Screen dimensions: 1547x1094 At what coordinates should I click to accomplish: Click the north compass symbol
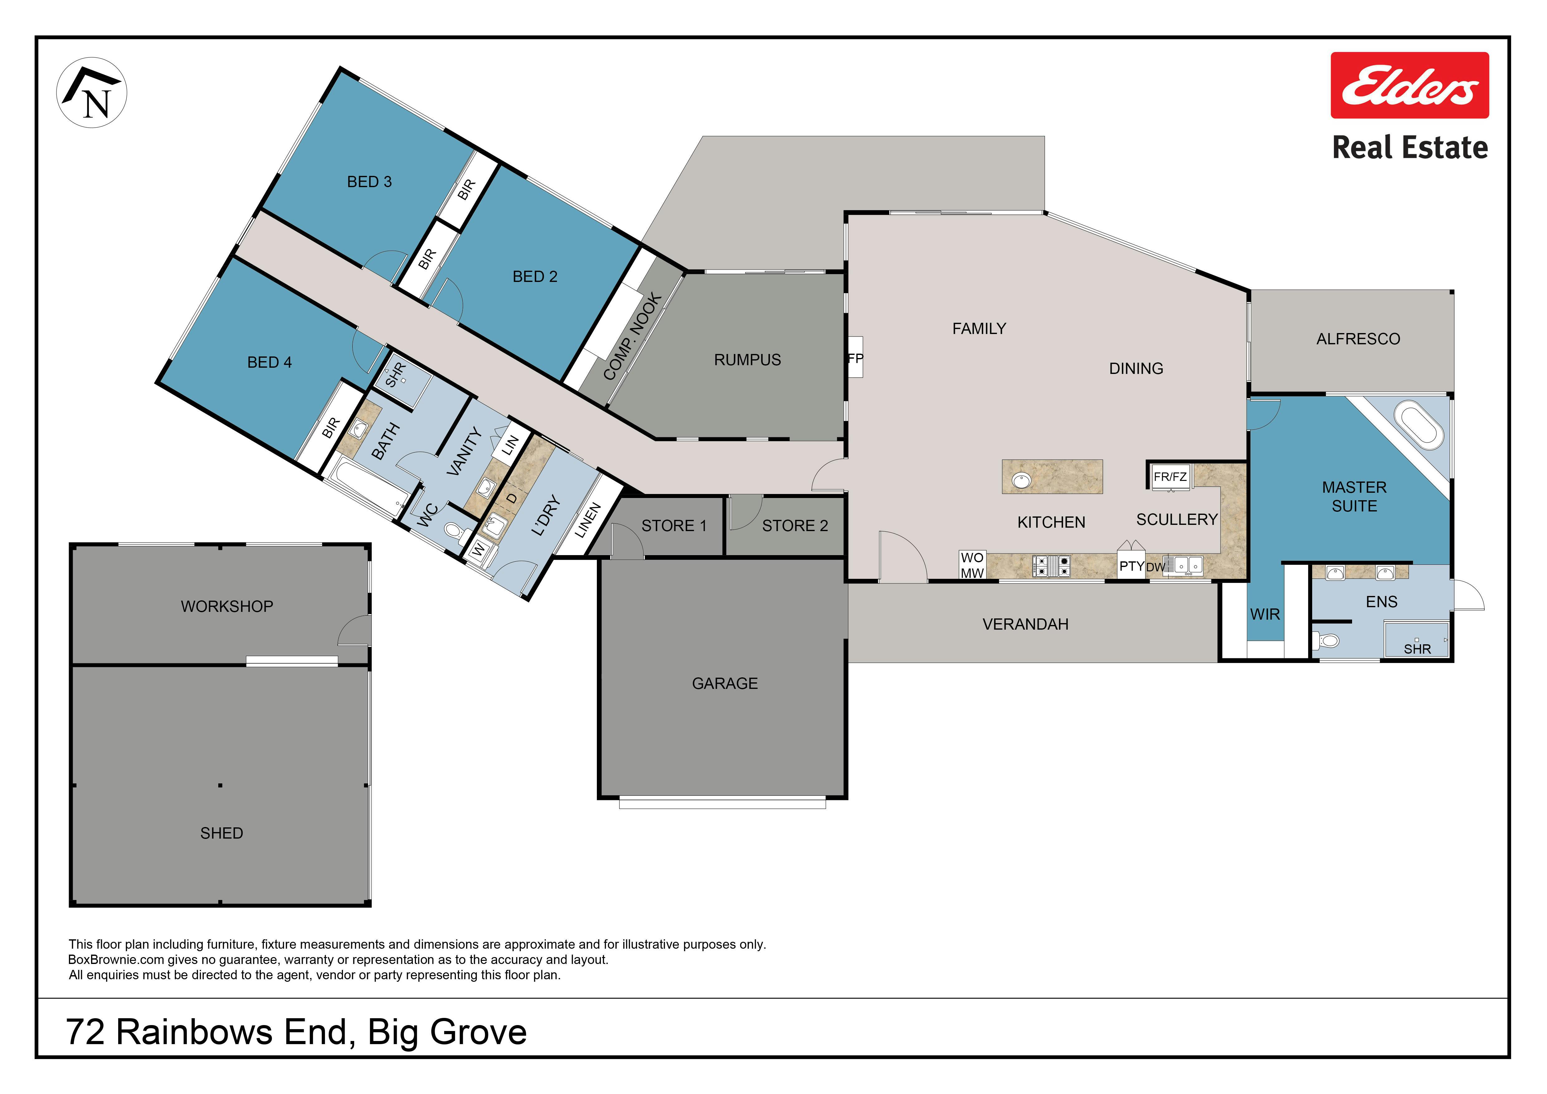coord(92,93)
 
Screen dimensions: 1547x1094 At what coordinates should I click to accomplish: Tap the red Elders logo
coord(1409,85)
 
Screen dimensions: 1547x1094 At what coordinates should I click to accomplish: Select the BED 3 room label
coord(369,182)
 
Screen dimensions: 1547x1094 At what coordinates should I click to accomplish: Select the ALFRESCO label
coord(1358,339)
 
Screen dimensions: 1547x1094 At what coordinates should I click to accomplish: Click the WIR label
coord(1265,614)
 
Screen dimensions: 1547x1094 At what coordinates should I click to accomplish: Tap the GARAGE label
coord(725,684)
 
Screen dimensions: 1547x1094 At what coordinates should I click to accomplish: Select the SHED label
coord(222,833)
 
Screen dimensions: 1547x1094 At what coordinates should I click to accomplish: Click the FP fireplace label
coord(855,358)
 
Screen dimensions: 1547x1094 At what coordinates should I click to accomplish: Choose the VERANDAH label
coord(1026,624)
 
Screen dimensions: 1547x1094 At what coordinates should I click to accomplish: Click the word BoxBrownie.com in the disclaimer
coord(116,960)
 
